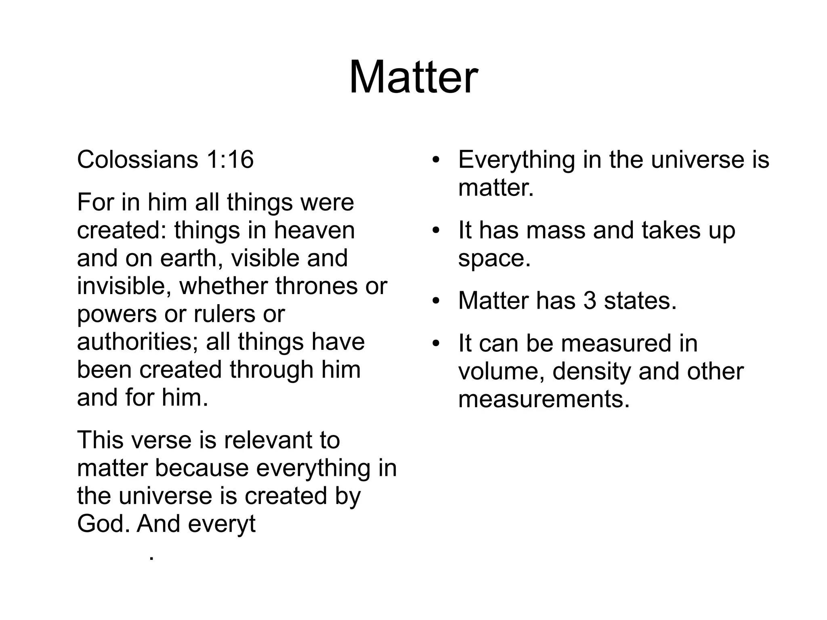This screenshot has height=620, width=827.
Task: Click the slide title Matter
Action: (413, 77)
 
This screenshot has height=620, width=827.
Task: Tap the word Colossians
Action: (137, 159)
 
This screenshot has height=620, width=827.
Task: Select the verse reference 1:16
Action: (230, 159)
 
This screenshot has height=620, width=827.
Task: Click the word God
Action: (103, 524)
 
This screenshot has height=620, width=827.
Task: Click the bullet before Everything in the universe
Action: (435, 160)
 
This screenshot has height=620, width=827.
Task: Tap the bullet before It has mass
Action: (435, 231)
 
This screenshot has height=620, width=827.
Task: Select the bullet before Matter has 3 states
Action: (435, 301)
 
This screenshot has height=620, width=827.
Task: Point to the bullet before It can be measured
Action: (435, 344)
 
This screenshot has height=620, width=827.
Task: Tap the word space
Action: (494, 259)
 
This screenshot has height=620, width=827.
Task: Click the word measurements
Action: (544, 399)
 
